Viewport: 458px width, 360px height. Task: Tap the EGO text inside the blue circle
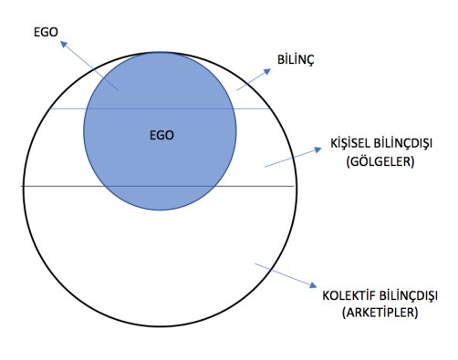pos(161,134)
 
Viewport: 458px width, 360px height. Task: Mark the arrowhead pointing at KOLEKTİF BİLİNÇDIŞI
pos(311,282)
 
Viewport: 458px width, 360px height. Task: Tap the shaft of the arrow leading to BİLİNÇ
pos(251,80)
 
